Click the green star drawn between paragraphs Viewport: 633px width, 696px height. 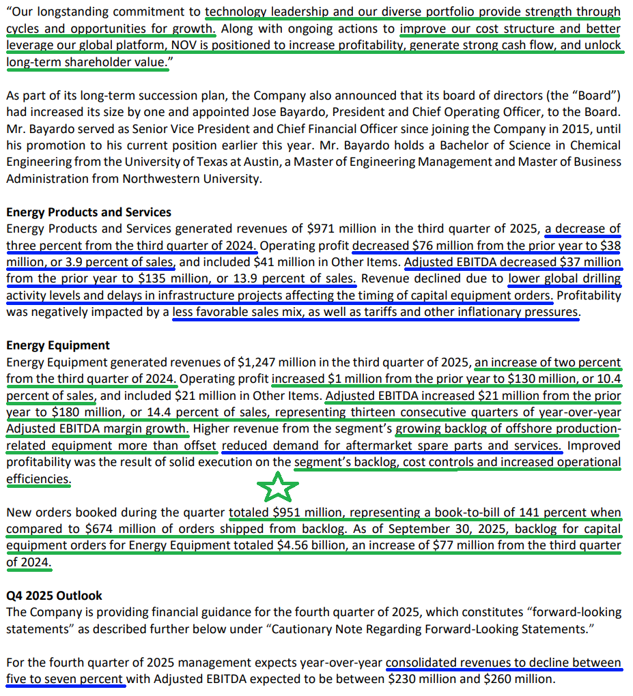(277, 487)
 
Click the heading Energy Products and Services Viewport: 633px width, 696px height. (89, 212)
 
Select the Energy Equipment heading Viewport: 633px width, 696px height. (58, 345)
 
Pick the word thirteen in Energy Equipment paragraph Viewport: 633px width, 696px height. (376, 412)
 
